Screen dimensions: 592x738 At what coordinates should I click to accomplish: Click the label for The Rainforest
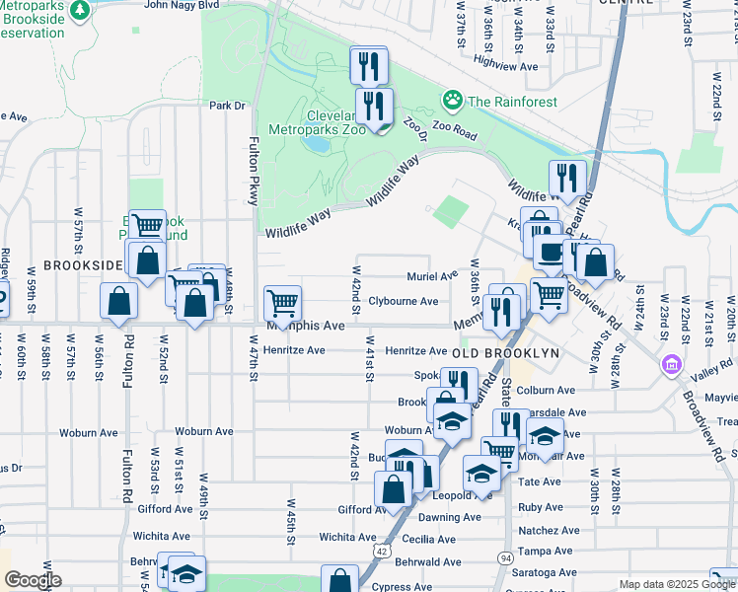click(512, 102)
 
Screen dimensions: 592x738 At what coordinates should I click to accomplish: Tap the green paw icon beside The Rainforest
click(453, 100)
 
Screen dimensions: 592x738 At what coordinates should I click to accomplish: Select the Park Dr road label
click(226, 106)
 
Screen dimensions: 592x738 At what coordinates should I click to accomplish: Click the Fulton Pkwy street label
click(254, 171)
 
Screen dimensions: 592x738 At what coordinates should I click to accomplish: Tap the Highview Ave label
click(505, 67)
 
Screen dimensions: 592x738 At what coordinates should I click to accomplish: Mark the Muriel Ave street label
click(433, 276)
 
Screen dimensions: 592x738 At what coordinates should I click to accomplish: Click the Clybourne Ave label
click(403, 301)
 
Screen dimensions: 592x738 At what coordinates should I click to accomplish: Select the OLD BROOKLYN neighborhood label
click(505, 352)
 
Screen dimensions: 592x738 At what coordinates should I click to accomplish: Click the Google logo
click(33, 580)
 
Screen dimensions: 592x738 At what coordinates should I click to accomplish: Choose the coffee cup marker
click(549, 251)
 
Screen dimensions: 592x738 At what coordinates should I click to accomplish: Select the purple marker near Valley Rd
click(671, 366)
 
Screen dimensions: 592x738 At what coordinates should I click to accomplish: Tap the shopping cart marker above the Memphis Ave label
click(283, 301)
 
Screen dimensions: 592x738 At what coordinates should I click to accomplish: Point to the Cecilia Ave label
click(428, 540)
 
